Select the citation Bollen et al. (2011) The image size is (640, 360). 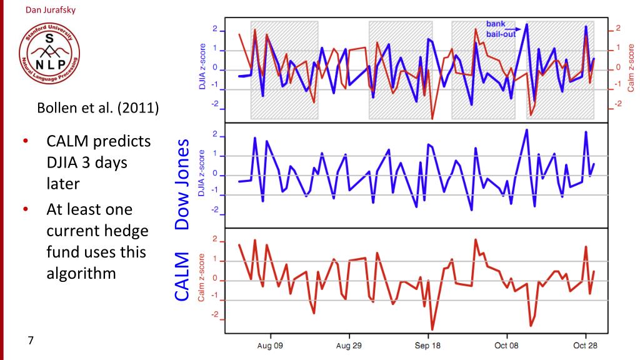(x=98, y=107)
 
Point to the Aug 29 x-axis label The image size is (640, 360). (x=348, y=346)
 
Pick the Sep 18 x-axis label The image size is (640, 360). (x=428, y=346)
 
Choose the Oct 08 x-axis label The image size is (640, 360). (x=506, y=346)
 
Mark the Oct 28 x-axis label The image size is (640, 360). (x=585, y=346)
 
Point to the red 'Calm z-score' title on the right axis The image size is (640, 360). (x=631, y=67)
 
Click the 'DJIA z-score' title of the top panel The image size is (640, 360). (x=202, y=67)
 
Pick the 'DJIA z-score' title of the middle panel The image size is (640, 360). (x=202, y=174)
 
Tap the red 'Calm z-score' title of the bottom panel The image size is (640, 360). (x=202, y=277)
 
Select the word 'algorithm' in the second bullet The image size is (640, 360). (x=81, y=273)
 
